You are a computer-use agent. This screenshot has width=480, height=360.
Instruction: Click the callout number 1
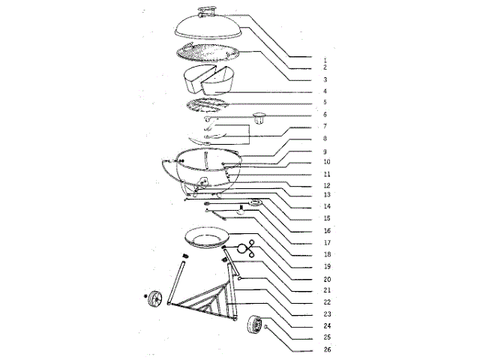(x=325, y=58)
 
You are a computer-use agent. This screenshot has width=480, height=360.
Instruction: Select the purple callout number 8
(x=325, y=139)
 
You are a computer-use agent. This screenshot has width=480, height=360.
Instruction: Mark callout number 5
(x=325, y=103)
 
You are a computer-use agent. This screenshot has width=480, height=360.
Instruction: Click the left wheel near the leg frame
(x=157, y=299)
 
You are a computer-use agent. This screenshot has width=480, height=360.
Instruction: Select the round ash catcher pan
(x=204, y=238)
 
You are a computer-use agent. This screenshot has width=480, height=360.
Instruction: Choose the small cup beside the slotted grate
(x=260, y=116)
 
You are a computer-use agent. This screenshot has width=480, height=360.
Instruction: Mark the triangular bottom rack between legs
(x=202, y=305)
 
